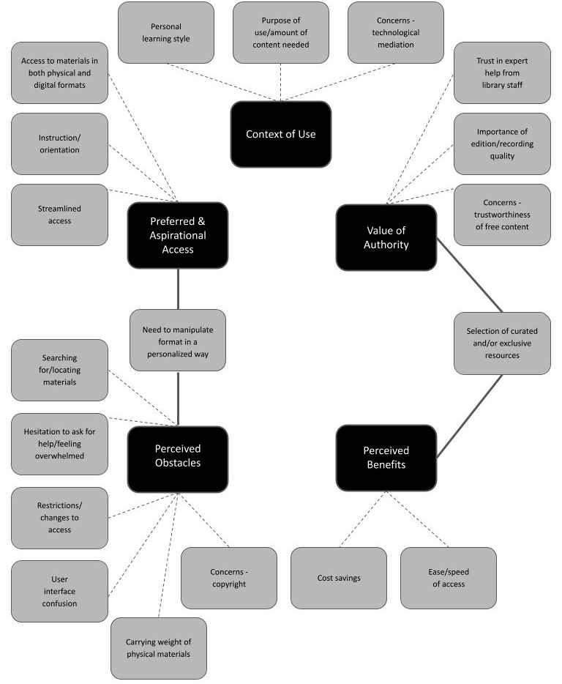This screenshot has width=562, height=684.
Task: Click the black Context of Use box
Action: pyautogui.click(x=280, y=134)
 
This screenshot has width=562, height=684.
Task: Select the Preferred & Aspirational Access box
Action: pyautogui.click(x=178, y=235)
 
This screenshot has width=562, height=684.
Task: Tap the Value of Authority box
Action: pyautogui.click(x=386, y=237)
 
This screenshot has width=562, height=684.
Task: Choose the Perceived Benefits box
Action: pyautogui.click(x=386, y=458)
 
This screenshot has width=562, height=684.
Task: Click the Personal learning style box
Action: pyautogui.click(x=166, y=32)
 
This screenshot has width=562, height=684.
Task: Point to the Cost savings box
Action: pyautogui.click(x=339, y=578)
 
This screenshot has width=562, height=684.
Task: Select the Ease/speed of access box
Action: pyautogui.click(x=448, y=578)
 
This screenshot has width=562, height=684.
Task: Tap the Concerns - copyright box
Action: pyautogui.click(x=228, y=578)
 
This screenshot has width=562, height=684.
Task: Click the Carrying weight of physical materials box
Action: pyautogui.click(x=159, y=648)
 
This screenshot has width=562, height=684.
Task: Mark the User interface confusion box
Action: pyautogui.click(x=59, y=592)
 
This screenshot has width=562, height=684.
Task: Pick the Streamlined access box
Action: pyautogui.click(x=59, y=215)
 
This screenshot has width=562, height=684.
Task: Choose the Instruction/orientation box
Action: pyautogui.click(x=59, y=144)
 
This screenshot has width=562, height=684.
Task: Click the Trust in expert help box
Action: pyautogui.click(x=502, y=73)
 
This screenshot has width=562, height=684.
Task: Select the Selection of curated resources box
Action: pyautogui.click(x=502, y=343)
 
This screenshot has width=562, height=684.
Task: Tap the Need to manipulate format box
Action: pyautogui.click(x=178, y=340)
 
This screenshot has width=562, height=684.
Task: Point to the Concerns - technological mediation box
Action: pyautogui.click(x=395, y=32)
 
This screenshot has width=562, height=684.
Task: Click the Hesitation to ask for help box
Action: pyautogui.click(x=59, y=444)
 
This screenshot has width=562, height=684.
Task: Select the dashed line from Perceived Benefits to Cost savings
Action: pyautogui.click(x=363, y=519)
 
